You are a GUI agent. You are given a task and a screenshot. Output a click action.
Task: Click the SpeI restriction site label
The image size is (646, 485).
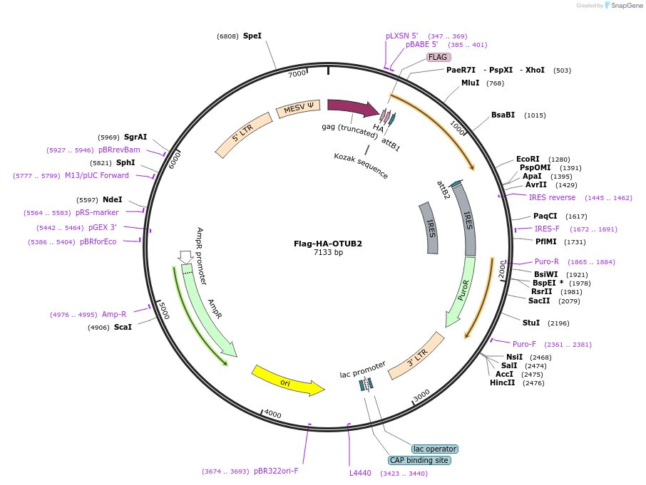(x=252, y=36)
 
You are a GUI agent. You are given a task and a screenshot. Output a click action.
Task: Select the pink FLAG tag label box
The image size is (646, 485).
(x=438, y=57)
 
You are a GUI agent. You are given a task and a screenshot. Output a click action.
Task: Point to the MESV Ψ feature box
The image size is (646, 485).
(x=299, y=109)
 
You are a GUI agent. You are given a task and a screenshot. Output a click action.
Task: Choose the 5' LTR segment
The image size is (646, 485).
(x=244, y=135)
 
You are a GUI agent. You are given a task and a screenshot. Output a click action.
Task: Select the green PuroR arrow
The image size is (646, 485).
(x=461, y=293)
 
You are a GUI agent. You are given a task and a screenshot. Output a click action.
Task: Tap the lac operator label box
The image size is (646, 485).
(x=435, y=449)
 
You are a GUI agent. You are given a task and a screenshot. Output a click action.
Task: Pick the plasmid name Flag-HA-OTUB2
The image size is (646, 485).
(x=328, y=244)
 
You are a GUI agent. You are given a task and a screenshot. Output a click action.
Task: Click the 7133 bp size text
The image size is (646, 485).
(x=328, y=253)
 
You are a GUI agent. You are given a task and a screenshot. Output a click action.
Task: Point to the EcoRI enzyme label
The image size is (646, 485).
(x=528, y=160)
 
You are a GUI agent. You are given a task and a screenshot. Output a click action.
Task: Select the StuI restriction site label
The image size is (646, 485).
(x=531, y=323)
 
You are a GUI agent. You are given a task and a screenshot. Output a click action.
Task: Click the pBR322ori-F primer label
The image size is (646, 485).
(x=276, y=471)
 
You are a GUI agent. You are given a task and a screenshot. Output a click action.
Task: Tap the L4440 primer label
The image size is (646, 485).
(x=360, y=473)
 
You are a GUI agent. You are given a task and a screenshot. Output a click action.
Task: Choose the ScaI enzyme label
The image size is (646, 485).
(x=123, y=328)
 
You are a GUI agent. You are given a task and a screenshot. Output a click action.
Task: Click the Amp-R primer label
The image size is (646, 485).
(x=114, y=314)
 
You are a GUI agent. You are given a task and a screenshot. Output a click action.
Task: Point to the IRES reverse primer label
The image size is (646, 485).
(x=552, y=197)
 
